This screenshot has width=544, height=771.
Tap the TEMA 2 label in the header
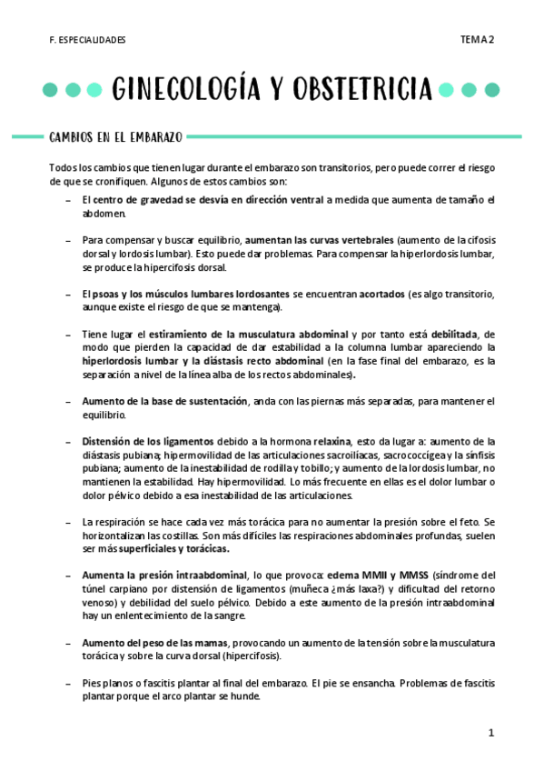coord(477,39)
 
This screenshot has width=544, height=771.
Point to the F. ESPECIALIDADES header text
coord(87,40)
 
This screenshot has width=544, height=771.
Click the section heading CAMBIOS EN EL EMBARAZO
coord(115,137)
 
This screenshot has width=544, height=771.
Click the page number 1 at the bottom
coord(490,732)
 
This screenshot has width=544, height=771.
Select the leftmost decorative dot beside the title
coord(50,90)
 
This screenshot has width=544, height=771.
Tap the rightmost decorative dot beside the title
coord(492,90)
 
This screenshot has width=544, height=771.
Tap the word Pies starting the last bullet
coord(92,683)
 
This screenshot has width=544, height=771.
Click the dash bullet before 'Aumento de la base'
coord(69,401)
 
